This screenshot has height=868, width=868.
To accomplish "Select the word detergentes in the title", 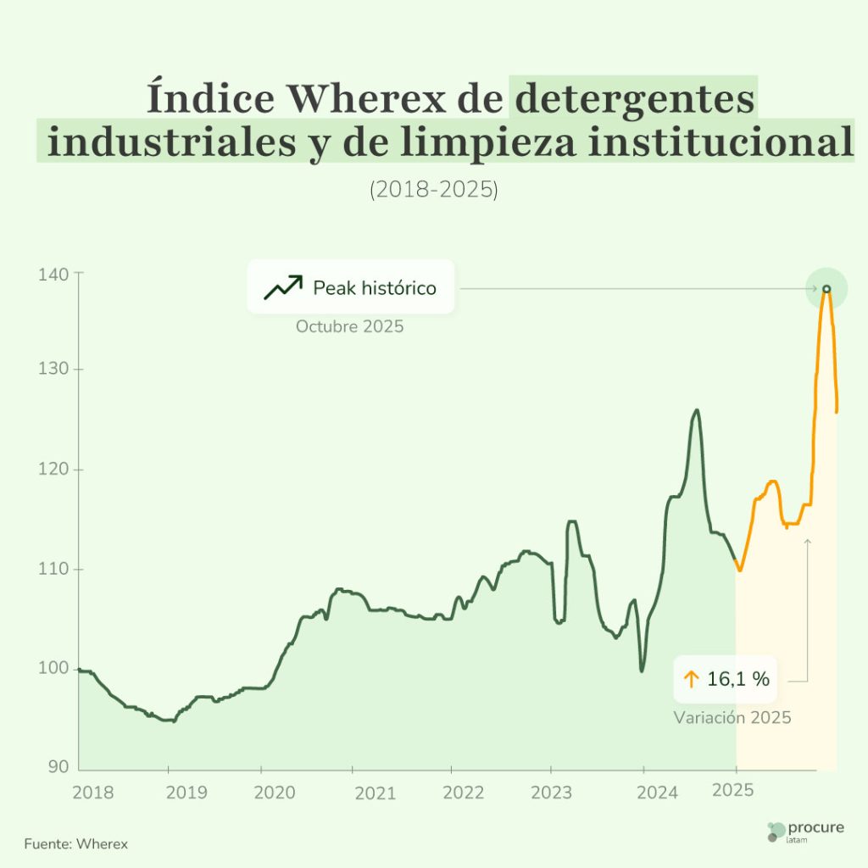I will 635,99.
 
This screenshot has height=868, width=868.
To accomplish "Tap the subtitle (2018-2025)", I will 433,190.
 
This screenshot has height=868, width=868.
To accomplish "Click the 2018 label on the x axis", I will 92,793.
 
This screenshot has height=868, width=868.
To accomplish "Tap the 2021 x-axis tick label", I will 375,793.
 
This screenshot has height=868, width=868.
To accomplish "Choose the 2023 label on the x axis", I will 551,793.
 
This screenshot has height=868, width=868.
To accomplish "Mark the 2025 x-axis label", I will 733,791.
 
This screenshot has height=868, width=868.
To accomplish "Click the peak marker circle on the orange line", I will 826,289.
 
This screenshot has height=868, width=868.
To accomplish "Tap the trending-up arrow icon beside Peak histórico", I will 282,288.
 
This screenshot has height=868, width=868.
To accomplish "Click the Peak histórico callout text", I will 375,288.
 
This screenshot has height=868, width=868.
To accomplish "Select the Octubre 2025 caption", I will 349,326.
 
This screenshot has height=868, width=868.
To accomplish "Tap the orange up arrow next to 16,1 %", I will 691,679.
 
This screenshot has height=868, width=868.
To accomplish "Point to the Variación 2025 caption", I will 732,718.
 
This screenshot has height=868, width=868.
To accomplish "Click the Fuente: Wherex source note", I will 76,844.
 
